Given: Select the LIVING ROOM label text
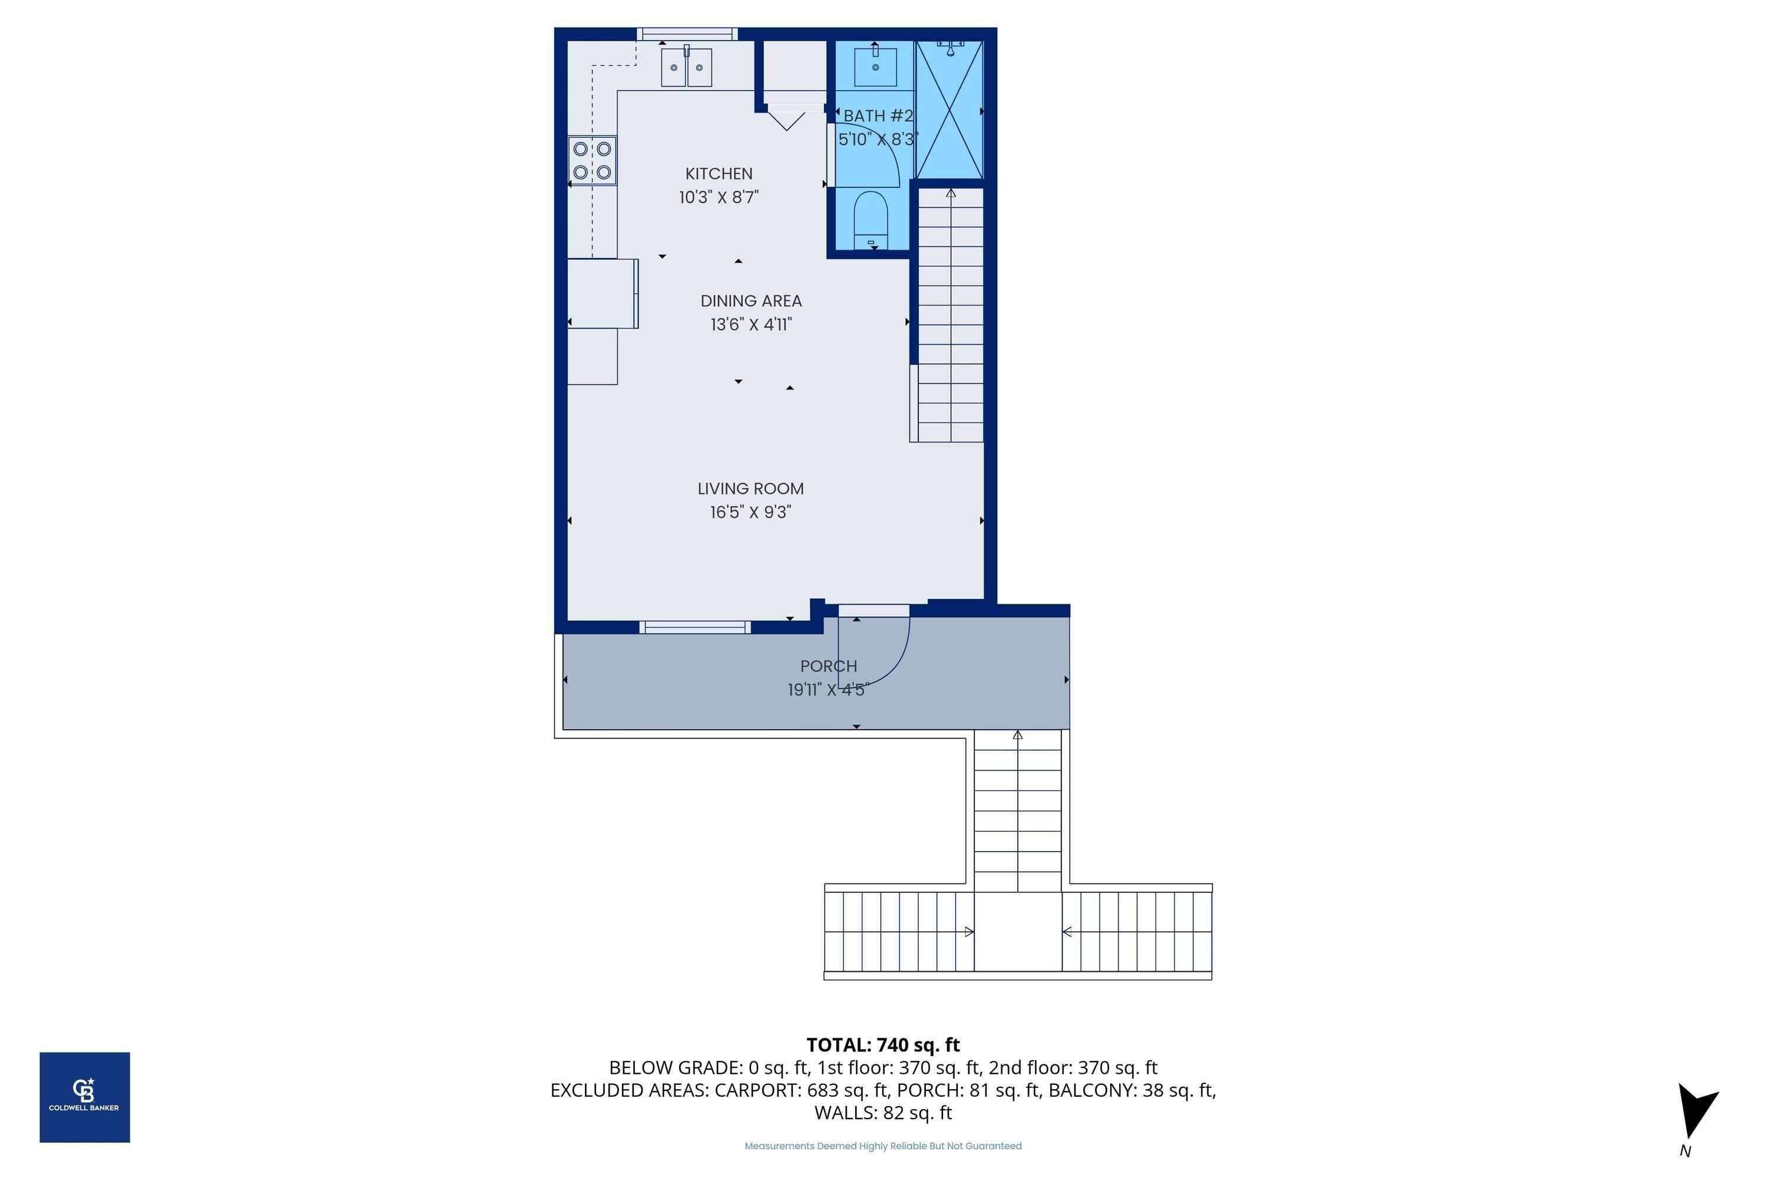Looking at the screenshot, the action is tap(750, 488).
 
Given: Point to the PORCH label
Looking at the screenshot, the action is tap(828, 666).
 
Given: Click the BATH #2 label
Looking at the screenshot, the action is tap(878, 115).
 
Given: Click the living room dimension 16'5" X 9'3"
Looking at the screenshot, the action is tap(750, 512).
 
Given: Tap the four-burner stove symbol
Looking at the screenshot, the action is tap(592, 160).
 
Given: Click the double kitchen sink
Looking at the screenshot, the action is tap(686, 67).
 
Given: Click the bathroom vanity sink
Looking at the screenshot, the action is tap(875, 66).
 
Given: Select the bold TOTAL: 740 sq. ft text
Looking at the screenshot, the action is tap(883, 1045).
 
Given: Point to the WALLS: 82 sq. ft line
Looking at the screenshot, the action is tap(883, 1113).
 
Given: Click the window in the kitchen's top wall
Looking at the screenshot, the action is tap(687, 34).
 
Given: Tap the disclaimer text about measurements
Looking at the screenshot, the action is tap(883, 1146).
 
